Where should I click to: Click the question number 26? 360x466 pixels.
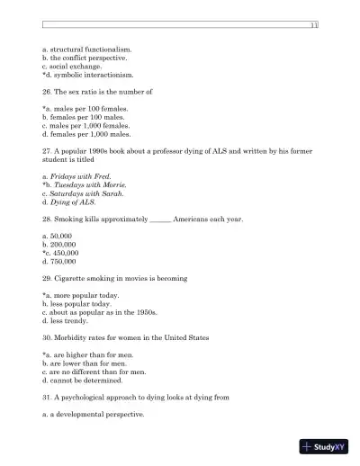[x=47, y=92]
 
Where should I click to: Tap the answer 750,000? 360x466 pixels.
[x=61, y=263]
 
